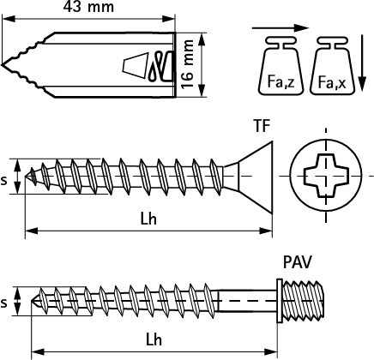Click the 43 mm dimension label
(x=88, y=7)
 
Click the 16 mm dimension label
(x=188, y=64)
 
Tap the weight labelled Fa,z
(x=280, y=65)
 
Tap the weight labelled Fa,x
(x=333, y=65)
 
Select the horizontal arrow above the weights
(x=280, y=28)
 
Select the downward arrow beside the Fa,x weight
(x=362, y=63)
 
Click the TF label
(x=262, y=126)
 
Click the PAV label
(x=298, y=262)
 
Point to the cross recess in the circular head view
(x=326, y=176)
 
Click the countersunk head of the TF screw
(x=251, y=177)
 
